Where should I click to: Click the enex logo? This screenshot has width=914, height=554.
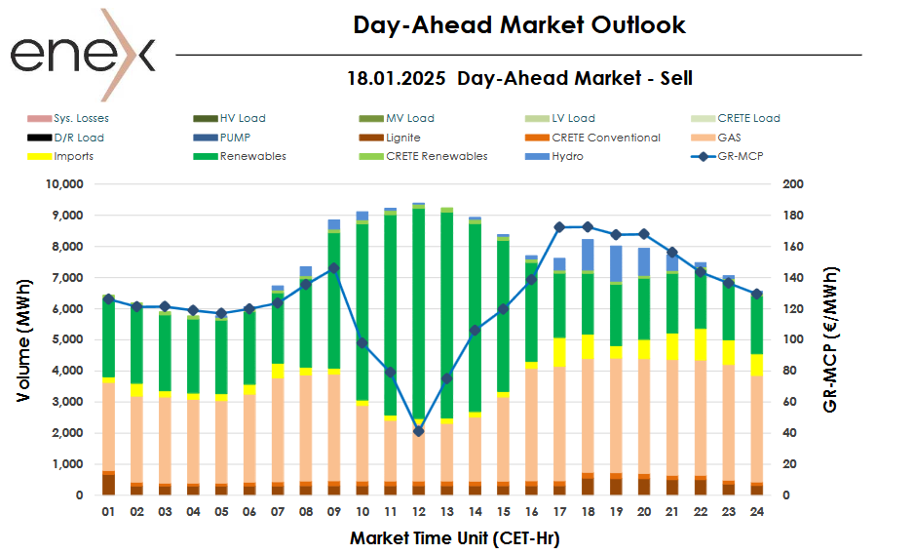[x=83, y=55]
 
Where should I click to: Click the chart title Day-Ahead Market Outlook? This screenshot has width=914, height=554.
[x=519, y=25]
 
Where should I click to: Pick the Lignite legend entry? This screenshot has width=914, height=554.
[x=402, y=138]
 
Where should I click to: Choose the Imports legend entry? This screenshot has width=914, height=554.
[x=74, y=156]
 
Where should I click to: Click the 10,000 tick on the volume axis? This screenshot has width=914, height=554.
[x=66, y=184]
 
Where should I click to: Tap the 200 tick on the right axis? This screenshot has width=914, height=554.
[x=793, y=184]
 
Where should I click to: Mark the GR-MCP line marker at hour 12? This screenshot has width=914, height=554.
[x=418, y=431]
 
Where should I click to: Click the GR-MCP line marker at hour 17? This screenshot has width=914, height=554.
[x=559, y=227]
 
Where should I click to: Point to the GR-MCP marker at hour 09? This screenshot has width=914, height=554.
[x=334, y=268]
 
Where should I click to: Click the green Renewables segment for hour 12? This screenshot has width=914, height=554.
[x=418, y=312]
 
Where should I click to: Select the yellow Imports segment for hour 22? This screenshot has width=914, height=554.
[x=701, y=344]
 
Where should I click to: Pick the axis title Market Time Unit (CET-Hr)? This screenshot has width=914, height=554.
[x=454, y=537]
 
